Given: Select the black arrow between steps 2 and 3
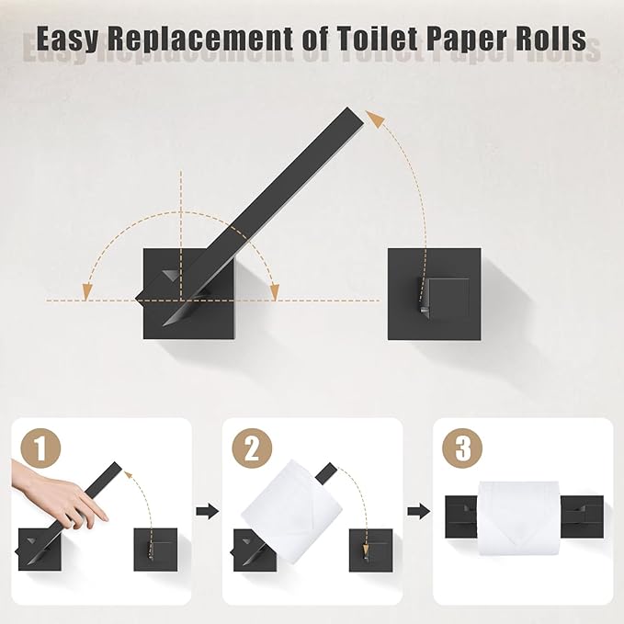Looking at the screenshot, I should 418,510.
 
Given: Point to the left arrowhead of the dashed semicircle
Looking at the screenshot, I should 88,290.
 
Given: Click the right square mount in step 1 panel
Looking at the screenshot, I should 155,550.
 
